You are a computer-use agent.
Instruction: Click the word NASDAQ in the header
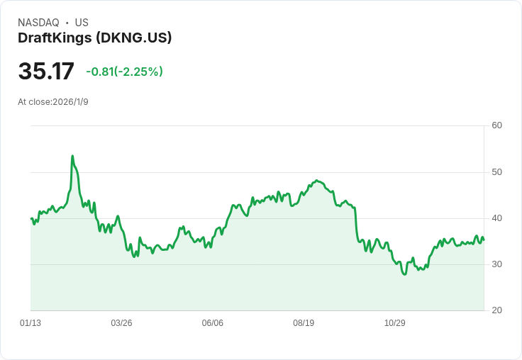38,23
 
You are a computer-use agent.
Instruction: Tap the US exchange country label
82,23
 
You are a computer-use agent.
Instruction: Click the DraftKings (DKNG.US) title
95,38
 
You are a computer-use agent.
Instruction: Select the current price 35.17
46,72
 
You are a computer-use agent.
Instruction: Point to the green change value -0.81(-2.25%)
125,72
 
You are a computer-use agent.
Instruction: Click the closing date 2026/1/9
70,102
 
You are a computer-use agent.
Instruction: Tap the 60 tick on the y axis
497,126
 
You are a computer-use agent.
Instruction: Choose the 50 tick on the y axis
497,172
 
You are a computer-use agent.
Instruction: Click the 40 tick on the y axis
497,218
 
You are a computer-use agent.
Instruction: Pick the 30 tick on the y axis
497,264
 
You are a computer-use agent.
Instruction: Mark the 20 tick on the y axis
497,310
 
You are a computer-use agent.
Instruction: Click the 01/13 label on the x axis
30,323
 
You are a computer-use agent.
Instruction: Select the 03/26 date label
121,323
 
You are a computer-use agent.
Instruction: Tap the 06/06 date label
213,323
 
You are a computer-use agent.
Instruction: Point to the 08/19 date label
304,323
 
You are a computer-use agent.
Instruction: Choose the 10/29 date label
394,323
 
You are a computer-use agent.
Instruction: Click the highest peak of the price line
72,156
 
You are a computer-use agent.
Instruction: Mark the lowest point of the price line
404,274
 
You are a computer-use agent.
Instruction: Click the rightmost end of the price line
484,240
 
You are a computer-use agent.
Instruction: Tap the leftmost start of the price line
31,218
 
